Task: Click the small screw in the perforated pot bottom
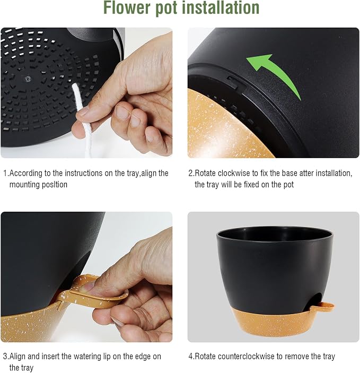tap(28, 79)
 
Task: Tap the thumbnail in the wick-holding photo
tap(83, 111)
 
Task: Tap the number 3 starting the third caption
tap(5, 357)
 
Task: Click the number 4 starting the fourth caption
tap(191, 357)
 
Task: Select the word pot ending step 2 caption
tap(288, 185)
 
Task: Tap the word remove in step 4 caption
tap(295, 357)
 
